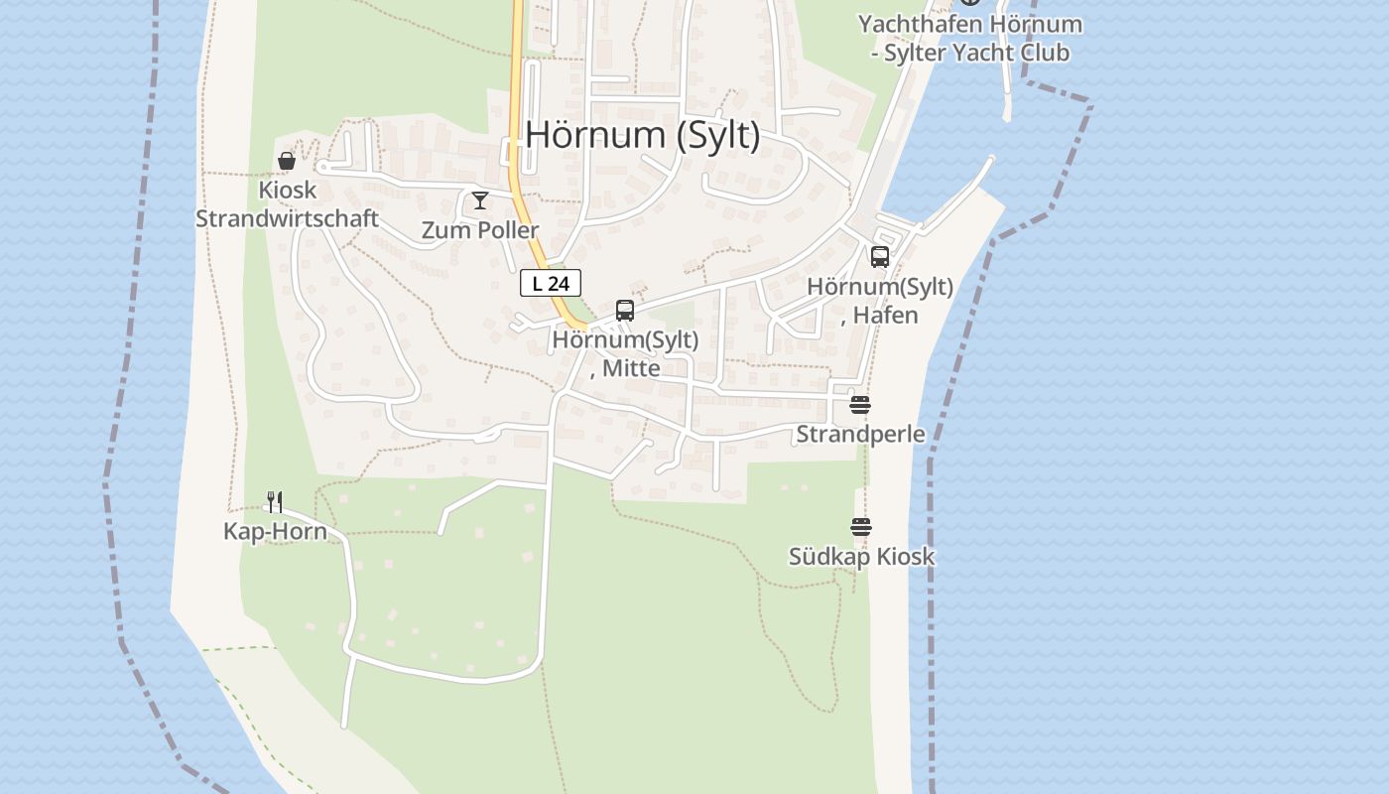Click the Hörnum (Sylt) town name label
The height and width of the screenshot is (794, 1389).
point(642,135)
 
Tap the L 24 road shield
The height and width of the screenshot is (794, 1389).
point(551,283)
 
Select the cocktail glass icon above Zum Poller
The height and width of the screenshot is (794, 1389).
point(480,200)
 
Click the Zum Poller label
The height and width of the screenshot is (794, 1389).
point(480,230)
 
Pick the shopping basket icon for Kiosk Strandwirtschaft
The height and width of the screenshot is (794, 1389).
point(287,161)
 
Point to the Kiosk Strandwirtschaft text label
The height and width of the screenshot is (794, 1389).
point(287,204)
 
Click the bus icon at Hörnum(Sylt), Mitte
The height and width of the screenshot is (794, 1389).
point(625,311)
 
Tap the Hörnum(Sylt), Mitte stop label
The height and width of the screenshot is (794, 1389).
point(625,353)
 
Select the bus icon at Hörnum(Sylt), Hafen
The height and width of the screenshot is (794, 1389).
point(880,257)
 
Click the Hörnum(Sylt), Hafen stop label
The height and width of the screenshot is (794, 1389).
point(880,301)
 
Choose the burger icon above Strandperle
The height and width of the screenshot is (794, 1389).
point(860,405)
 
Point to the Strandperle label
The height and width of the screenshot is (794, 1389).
point(860,435)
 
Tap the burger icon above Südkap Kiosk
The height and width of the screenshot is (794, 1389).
point(860,527)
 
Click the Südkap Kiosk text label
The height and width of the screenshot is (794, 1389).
point(861,557)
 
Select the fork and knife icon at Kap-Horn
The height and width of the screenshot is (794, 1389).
point(275,502)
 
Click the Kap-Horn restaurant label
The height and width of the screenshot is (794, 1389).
point(275,532)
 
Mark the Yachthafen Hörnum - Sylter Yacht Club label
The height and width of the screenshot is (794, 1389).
point(969,38)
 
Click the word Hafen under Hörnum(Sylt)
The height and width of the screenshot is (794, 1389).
point(887,316)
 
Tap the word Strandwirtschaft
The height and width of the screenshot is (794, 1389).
point(287,219)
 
